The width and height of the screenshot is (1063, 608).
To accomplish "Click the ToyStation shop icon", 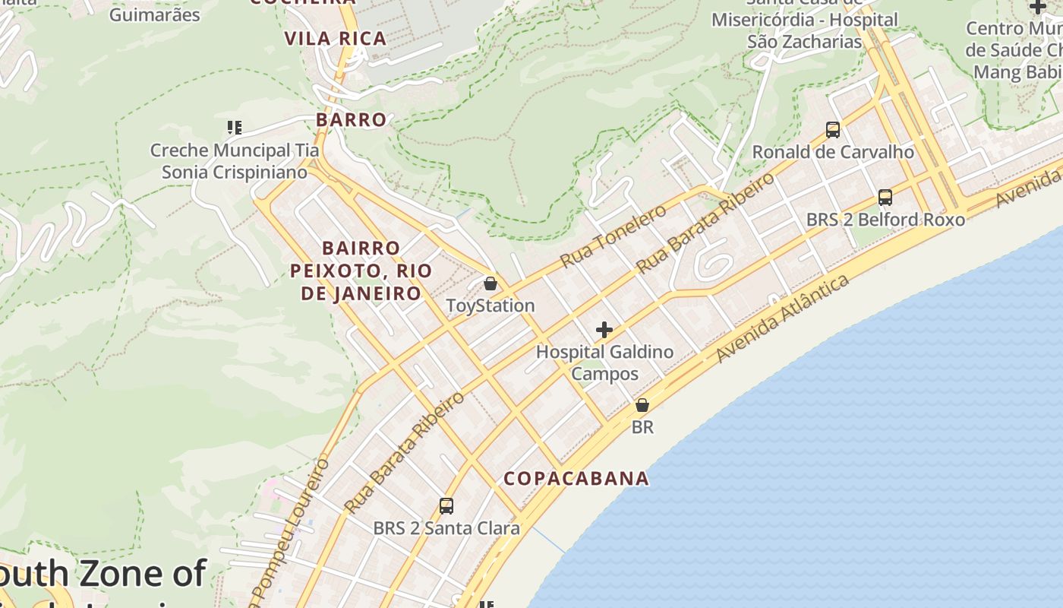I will [490, 283].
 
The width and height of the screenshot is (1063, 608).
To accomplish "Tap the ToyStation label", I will [490, 306].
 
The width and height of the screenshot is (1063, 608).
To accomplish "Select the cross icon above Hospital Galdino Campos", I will [604, 330].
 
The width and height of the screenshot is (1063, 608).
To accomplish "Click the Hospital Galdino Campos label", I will [604, 363].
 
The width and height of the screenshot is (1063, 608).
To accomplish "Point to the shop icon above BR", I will [642, 405].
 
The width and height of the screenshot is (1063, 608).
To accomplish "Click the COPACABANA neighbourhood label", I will [577, 478].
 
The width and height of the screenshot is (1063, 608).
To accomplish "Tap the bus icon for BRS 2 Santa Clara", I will [446, 505].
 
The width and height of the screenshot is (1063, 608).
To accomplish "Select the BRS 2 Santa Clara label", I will [446, 528].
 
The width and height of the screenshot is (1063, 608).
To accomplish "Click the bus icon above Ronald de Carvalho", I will [833, 130].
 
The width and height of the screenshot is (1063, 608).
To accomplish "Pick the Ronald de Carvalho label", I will [833, 152].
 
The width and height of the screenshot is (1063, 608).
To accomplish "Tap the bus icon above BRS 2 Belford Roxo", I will [885, 198].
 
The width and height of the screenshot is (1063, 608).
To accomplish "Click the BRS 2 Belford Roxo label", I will [885, 220].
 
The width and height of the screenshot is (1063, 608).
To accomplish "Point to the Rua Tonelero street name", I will [614, 236].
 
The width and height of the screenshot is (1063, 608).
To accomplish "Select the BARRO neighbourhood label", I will [352, 119].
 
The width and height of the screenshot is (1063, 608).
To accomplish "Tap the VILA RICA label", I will [336, 38].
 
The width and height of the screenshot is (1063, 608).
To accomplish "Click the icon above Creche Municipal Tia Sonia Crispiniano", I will [235, 128].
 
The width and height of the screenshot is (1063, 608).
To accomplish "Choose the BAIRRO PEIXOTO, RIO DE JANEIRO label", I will [361, 271].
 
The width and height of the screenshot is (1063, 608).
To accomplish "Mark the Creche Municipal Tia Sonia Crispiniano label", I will [235, 161].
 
